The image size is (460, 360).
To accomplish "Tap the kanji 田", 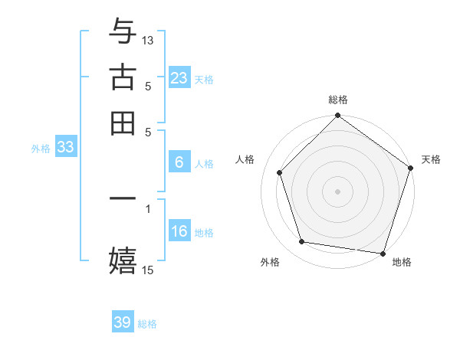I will pos(123,123).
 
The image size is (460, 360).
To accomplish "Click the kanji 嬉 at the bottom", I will pos(123,260).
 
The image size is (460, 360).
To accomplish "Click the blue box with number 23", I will pos(179,78).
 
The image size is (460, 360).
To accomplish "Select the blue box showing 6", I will pos(179,162).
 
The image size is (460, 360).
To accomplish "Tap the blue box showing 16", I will pos(179,232).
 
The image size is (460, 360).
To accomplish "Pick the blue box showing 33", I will pos(65,148).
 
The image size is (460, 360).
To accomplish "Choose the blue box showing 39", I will pos(123,322).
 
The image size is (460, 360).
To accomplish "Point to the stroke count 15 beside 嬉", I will pos(148,270).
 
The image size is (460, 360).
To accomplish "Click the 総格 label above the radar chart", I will pos(338,100).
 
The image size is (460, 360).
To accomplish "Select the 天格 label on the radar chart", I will pos(431,159).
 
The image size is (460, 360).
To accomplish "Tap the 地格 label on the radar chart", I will pos(402,263).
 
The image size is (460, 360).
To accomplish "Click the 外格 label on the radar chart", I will pos(270,263).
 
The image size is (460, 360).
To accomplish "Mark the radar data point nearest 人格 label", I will pos(280,172).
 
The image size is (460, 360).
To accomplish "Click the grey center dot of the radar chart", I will pos(338,191).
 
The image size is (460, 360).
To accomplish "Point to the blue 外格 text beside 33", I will pos(40,149).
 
